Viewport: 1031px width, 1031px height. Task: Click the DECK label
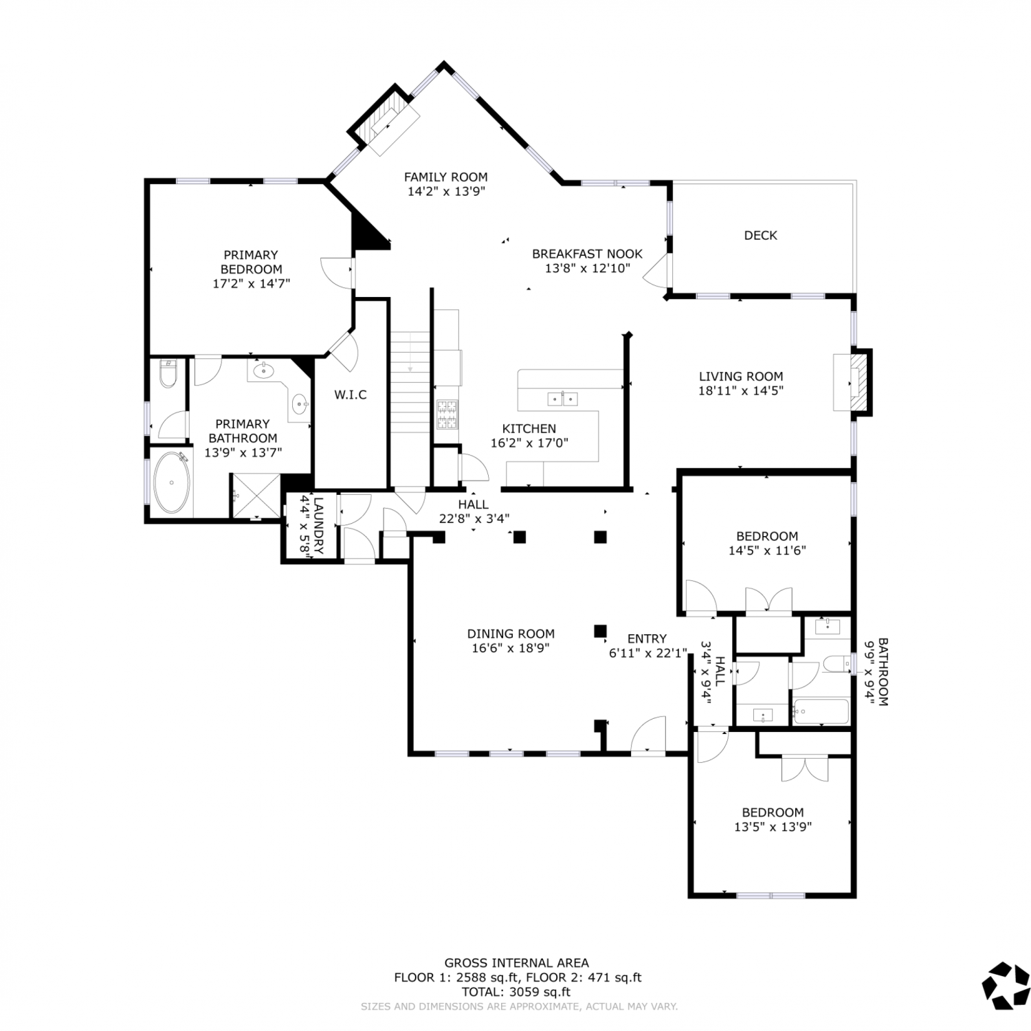pos(760,235)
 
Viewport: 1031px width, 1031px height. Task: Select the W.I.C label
pos(351,395)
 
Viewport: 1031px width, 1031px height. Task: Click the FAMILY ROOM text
pos(445,177)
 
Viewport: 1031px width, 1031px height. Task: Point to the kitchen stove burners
pos(447,415)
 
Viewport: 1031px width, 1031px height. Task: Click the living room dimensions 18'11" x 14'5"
pos(741,390)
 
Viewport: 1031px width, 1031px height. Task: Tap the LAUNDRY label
pos(318,526)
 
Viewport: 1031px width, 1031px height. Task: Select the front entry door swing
pos(649,735)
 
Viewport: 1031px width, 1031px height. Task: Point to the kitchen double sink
pos(562,399)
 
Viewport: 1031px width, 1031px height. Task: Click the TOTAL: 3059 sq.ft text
pos(516,992)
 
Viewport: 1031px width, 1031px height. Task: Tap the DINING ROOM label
pos(511,634)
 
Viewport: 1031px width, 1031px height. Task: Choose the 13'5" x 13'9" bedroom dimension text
pos(773,827)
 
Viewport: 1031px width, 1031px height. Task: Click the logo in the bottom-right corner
pos(1006,986)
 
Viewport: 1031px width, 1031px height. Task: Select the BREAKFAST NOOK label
pos(587,254)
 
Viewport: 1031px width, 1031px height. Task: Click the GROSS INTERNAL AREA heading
pos(516,963)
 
